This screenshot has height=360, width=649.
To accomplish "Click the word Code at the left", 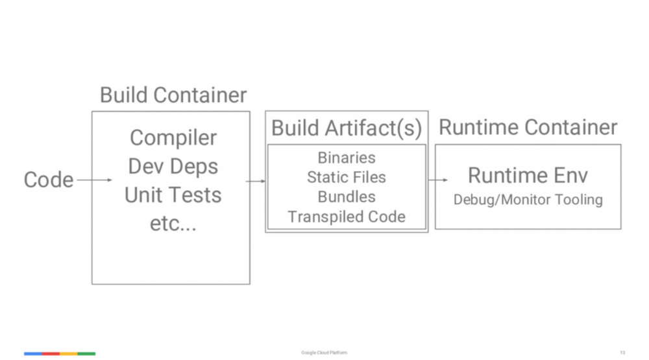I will pyautogui.click(x=49, y=180).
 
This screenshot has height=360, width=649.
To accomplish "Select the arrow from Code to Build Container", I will pyautogui.click(x=94, y=180).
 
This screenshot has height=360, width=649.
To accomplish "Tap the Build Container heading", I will pyautogui.click(x=173, y=95).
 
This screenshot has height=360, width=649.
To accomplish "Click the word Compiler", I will pyautogui.click(x=173, y=138).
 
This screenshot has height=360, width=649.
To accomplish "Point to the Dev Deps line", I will pyautogui.click(x=173, y=166).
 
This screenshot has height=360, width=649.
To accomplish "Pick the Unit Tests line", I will pyautogui.click(x=173, y=195).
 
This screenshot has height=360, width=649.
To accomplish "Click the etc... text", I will pyautogui.click(x=173, y=224).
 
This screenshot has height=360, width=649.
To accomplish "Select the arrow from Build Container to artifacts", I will pyautogui.click(x=257, y=181).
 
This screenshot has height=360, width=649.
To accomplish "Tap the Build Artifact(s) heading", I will pyautogui.click(x=346, y=128).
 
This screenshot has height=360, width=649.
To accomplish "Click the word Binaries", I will pyautogui.click(x=347, y=158).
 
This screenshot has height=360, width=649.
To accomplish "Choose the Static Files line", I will pyautogui.click(x=347, y=177).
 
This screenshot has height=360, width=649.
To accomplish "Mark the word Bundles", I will pyautogui.click(x=347, y=197).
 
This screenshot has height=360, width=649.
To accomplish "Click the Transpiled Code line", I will pyautogui.click(x=347, y=217).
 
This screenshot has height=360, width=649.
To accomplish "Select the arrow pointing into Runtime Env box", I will pyautogui.click(x=438, y=180).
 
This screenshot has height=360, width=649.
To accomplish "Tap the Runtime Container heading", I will pyautogui.click(x=528, y=127).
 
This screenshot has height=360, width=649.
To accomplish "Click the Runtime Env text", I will pyautogui.click(x=528, y=175).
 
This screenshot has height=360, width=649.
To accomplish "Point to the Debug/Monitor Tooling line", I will pyautogui.click(x=528, y=199).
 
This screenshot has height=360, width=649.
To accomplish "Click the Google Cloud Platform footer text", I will pyautogui.click(x=324, y=353).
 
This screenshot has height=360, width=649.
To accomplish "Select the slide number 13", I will pyautogui.click(x=622, y=353).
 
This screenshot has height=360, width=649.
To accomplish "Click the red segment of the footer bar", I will pyautogui.click(x=51, y=354).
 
